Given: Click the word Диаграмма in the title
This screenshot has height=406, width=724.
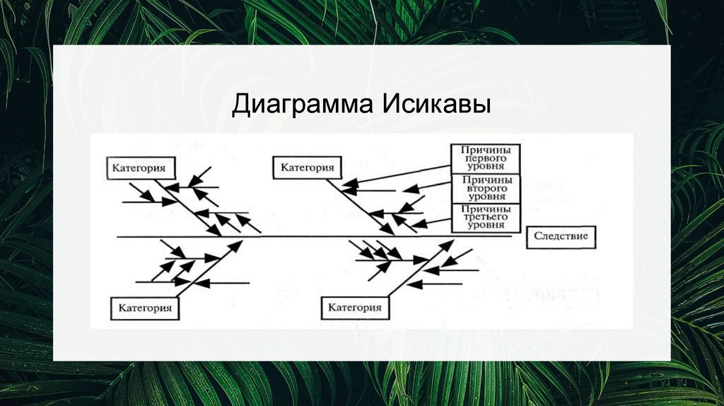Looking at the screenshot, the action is tap(303, 105).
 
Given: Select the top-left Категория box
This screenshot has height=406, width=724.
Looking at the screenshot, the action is tap(141, 168).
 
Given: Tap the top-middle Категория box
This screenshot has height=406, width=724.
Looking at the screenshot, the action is tap(307, 167).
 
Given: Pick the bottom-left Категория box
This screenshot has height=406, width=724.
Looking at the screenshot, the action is tap(145, 308).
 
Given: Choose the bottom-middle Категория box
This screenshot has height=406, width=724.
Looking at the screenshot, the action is tap(355, 308).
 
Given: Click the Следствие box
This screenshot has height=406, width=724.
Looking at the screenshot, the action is tap(561, 237).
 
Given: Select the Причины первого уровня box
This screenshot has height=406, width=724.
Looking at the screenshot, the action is tap(485, 158).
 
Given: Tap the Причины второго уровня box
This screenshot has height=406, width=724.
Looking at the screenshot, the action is tap(485, 188).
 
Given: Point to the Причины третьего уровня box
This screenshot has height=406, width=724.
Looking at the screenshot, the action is tap(485, 217).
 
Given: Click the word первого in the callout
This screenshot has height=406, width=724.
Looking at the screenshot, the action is tap(485, 158).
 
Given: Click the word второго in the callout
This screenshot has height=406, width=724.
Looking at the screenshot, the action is tap(486, 188).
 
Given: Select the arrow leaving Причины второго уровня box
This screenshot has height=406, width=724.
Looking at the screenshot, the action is tap(427, 186).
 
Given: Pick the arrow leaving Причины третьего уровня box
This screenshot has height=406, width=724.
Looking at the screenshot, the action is tap(431, 223).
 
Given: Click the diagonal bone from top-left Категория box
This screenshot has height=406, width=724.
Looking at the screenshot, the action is tap(188, 207).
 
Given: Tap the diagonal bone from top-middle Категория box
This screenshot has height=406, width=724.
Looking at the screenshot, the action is tap(361, 207).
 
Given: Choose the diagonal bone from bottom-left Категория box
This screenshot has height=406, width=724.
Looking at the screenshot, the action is tap(209, 269).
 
